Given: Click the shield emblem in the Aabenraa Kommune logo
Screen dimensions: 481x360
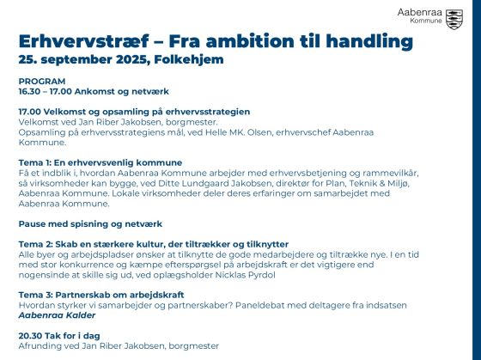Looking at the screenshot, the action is click(x=454, y=20).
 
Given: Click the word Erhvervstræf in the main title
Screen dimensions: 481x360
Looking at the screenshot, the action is click(x=84, y=41).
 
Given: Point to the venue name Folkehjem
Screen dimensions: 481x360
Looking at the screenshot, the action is click(x=189, y=59).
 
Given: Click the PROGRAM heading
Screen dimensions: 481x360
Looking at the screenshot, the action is click(x=42, y=82).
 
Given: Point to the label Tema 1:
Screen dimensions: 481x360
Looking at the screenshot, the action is click(x=35, y=162).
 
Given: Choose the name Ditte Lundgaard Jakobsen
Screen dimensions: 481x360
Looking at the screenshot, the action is click(x=215, y=183).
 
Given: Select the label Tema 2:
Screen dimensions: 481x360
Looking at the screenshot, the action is click(x=35, y=244).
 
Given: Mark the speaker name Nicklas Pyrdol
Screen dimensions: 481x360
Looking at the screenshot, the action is click(x=245, y=275).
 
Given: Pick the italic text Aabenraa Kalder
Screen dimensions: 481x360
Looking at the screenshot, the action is click(x=57, y=315).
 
